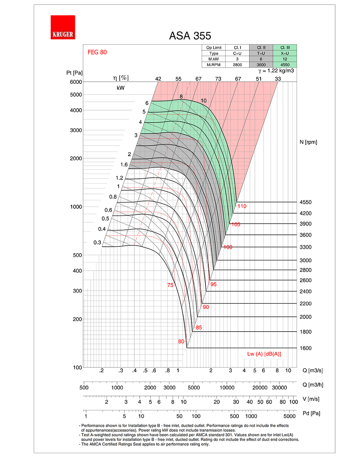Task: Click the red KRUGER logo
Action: click(x=63, y=27)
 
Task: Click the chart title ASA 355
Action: click(x=190, y=36)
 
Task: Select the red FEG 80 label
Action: click(x=97, y=52)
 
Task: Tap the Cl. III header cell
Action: click(x=285, y=47)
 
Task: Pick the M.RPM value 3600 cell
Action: click(x=261, y=65)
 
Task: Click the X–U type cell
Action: click(x=285, y=53)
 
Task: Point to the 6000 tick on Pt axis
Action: click(x=76, y=82)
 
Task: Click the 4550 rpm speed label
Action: click(x=306, y=202)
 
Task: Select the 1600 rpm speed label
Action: click(x=306, y=348)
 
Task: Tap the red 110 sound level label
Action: click(x=242, y=206)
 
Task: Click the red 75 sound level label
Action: click(x=170, y=285)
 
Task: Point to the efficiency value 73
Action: click(x=218, y=79)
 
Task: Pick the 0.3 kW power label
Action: click(x=97, y=242)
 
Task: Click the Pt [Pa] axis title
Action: click(x=75, y=73)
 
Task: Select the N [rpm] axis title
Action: click(x=308, y=142)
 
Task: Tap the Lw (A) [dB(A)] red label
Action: click(x=264, y=354)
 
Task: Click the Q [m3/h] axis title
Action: click(x=313, y=385)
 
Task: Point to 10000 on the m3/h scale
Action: click(x=227, y=388)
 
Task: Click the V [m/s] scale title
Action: click(x=311, y=399)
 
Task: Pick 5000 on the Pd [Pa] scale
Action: click(x=289, y=416)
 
